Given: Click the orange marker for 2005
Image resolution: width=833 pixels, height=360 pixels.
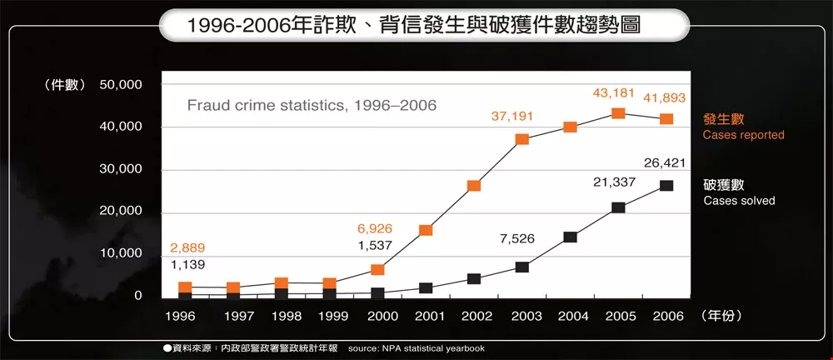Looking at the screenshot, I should [618, 113].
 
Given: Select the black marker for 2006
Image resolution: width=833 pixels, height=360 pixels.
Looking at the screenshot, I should [666, 186].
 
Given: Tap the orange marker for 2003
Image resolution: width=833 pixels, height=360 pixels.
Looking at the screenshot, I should [522, 139].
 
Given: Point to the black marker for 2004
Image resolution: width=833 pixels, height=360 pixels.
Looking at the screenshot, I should [570, 237].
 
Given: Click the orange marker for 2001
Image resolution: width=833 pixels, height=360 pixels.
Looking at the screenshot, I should [426, 230].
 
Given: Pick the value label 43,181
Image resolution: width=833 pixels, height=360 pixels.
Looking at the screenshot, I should [615, 92].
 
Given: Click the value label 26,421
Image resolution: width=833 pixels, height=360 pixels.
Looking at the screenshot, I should [665, 163].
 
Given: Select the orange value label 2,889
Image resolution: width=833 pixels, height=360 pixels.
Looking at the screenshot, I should [187, 248].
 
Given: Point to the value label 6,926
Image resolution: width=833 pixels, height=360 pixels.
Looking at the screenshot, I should [376, 228].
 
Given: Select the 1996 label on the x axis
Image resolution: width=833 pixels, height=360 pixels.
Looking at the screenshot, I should [180, 317].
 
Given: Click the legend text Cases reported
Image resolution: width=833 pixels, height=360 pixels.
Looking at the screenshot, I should [743, 135].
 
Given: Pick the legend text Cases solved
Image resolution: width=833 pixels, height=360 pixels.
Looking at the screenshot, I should [739, 201].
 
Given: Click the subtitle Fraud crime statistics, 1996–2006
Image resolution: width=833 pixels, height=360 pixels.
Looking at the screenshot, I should [312, 106].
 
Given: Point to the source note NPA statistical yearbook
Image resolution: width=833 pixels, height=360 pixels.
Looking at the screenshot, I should [416, 348].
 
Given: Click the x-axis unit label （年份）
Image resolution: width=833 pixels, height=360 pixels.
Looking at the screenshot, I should [721, 317].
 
